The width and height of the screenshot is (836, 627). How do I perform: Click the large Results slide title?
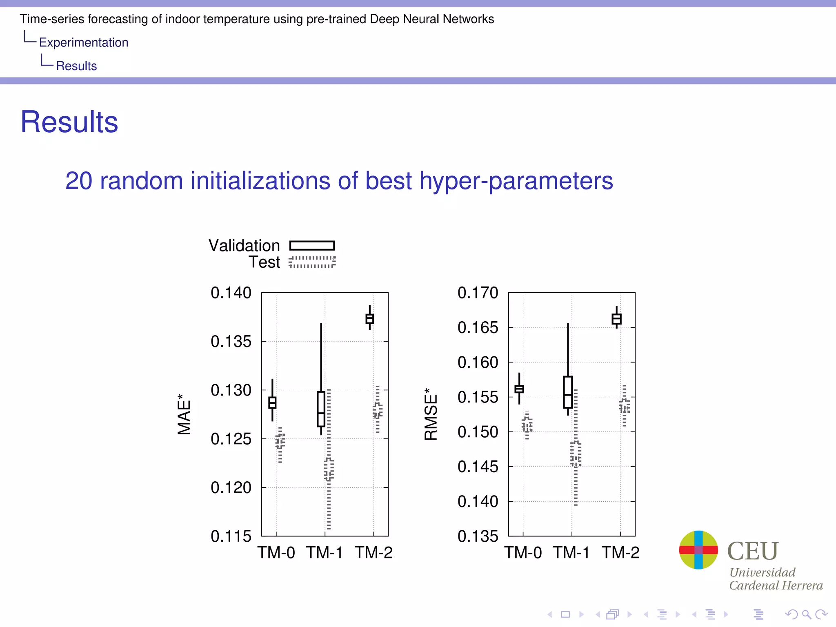[x=69, y=122]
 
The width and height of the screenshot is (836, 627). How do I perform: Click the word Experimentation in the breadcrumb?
[x=84, y=42]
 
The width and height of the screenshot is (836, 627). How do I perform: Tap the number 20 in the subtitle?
[x=79, y=181]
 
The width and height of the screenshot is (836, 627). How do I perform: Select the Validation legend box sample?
[x=312, y=245]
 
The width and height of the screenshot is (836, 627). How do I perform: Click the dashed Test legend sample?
[x=312, y=262]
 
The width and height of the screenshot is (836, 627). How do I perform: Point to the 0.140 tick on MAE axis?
[x=231, y=293]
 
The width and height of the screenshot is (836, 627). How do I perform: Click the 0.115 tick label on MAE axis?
[x=231, y=536]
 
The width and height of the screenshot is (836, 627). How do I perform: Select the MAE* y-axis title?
[x=184, y=414]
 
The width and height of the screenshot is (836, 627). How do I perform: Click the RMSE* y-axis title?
[x=431, y=414]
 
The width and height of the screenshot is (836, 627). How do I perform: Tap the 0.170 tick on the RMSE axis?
[x=478, y=293]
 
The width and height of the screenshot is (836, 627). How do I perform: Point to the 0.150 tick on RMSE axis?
[x=478, y=432]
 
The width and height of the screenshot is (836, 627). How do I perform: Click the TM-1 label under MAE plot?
[x=325, y=553]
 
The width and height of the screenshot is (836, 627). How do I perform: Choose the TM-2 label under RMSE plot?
[x=620, y=553]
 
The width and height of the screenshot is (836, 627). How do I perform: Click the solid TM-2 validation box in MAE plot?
[x=370, y=319]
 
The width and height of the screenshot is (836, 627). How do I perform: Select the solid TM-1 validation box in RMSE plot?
[x=568, y=392]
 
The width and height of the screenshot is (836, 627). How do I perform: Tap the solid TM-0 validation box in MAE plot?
[x=272, y=402]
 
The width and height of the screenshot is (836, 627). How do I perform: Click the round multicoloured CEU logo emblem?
[x=698, y=550]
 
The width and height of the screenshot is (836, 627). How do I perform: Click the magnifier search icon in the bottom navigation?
[x=806, y=614]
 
